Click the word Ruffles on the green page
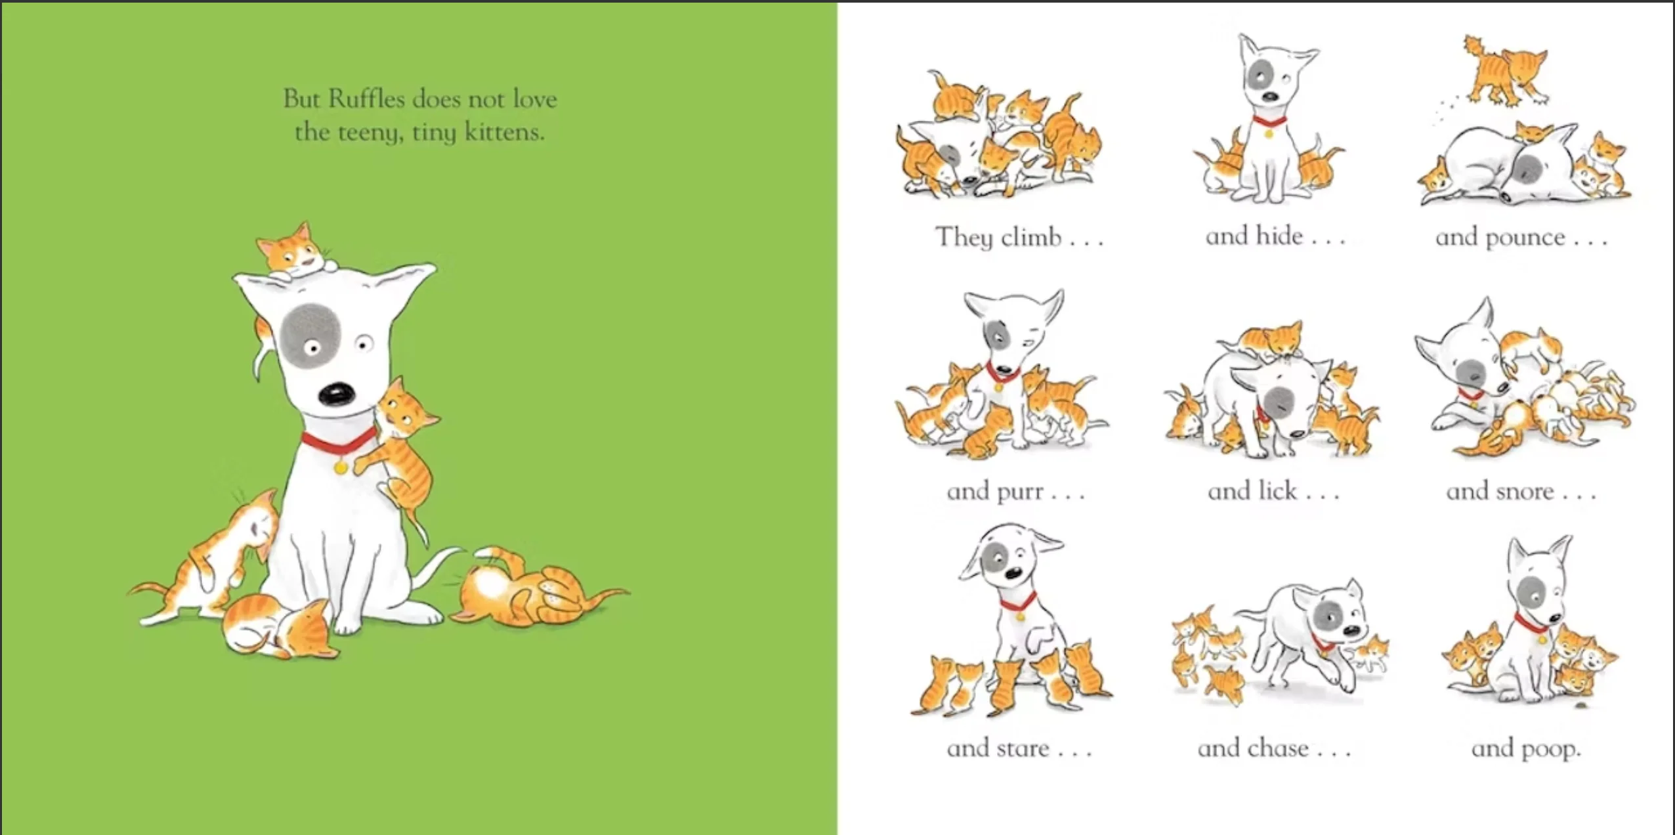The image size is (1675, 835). (366, 99)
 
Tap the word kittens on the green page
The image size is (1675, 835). (505, 132)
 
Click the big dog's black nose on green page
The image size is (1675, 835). (337, 394)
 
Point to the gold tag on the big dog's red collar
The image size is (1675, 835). (341, 467)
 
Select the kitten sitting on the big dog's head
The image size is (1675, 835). (295, 253)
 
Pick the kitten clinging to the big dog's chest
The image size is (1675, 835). (401, 446)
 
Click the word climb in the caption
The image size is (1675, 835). (1030, 236)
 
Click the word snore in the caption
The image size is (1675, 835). (1521, 492)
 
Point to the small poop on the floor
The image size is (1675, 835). (1584, 706)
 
